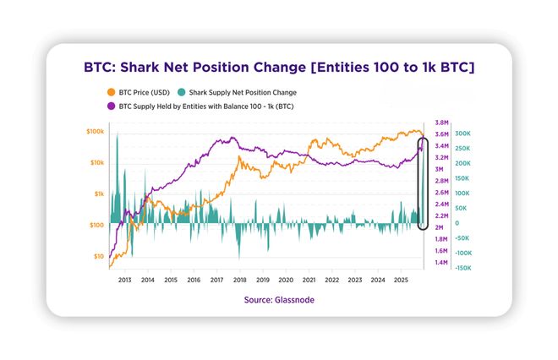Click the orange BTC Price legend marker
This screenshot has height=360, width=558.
tap(111, 92)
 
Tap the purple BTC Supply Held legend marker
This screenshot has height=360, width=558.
tap(111, 107)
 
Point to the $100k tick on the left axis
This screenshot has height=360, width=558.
tap(95, 132)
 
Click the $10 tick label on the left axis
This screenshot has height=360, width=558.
tap(98, 256)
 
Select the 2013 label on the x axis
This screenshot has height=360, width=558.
tap(124, 280)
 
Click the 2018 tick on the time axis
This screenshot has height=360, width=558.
tap(240, 280)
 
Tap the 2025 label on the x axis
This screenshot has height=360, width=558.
tap(401, 280)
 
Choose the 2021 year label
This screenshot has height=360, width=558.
tap(309, 280)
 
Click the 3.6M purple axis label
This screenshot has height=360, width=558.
tap(440, 134)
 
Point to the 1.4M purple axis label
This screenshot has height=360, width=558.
tap(440, 263)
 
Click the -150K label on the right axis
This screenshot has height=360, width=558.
tap(463, 268)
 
